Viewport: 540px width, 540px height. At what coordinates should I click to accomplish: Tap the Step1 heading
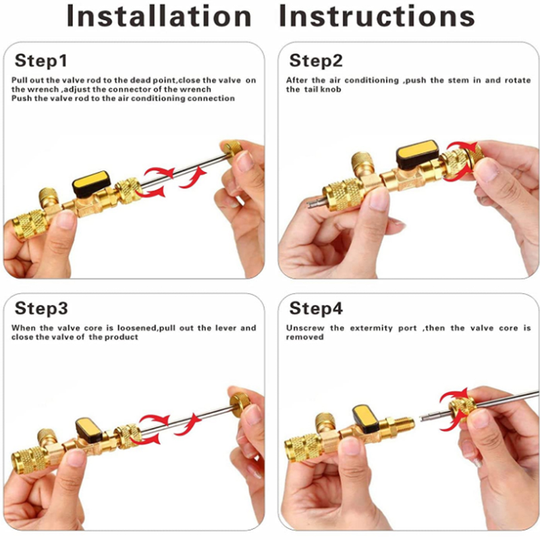[x=41, y=61]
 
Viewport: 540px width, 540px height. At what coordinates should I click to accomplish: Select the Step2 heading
[x=316, y=61]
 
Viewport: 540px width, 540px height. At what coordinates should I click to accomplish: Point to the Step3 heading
[x=41, y=309]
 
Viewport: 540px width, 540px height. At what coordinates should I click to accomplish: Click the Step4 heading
[x=316, y=309]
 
